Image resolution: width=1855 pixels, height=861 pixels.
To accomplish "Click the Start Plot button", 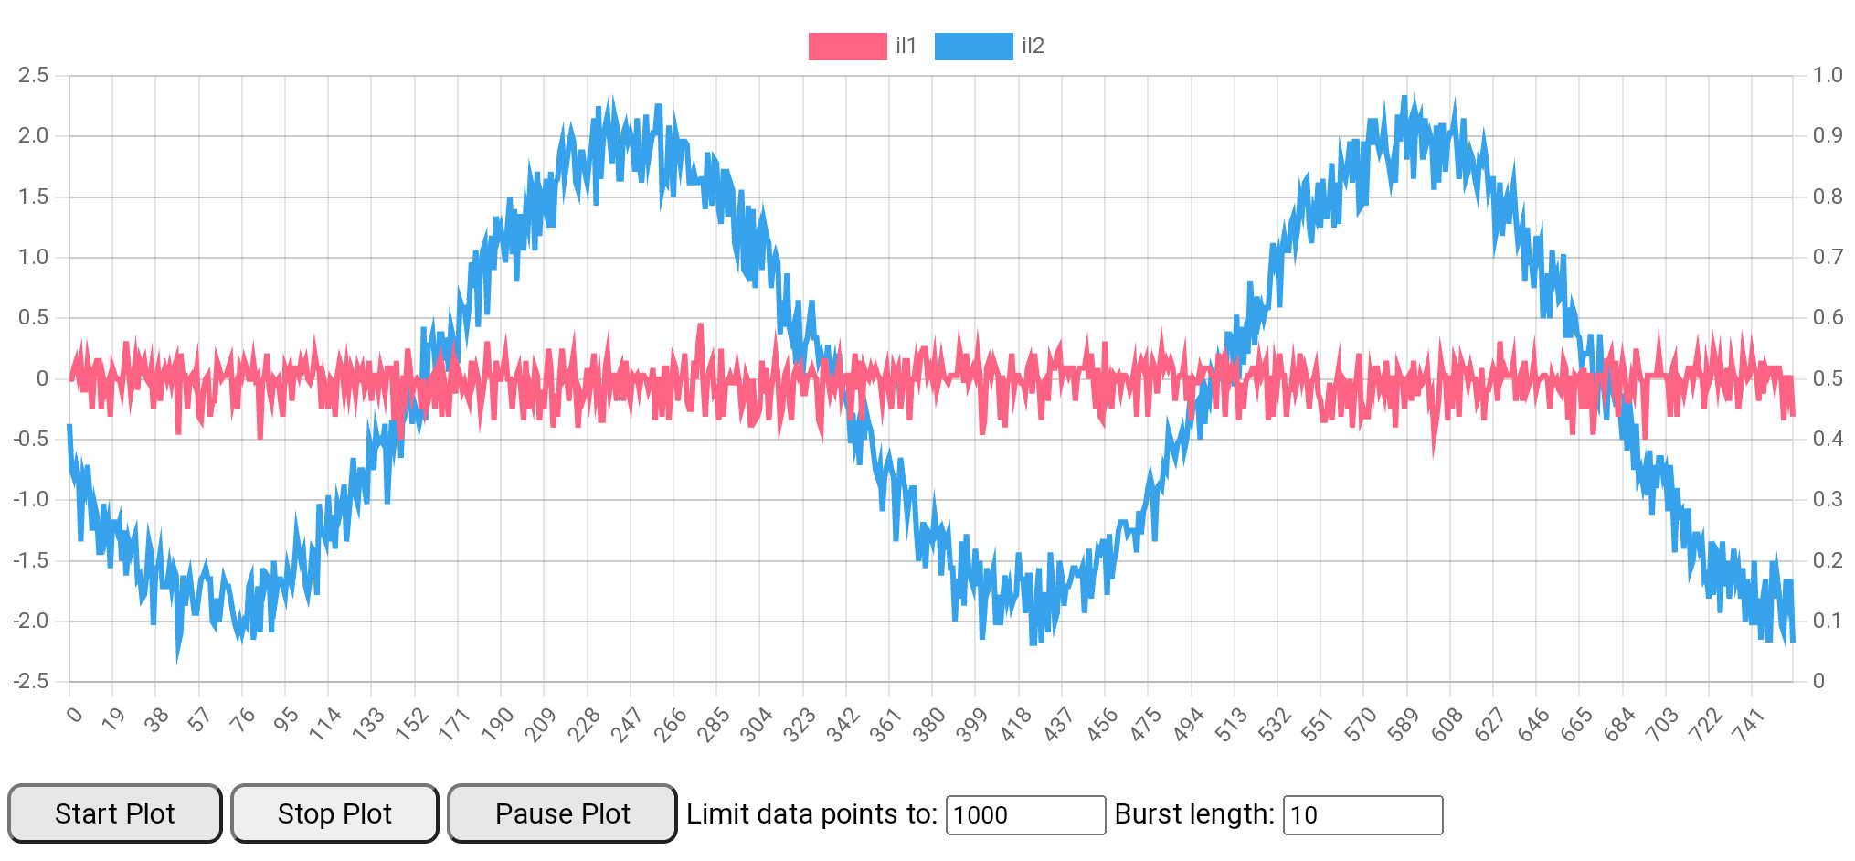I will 114,813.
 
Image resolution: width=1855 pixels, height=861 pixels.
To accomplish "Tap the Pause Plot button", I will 562,813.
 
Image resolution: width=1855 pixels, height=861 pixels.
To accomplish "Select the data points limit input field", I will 1025,815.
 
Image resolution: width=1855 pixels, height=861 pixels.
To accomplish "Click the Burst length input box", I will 1362,815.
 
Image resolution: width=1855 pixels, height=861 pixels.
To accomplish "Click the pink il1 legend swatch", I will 847,47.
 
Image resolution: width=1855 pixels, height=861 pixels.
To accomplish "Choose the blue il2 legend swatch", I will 973,47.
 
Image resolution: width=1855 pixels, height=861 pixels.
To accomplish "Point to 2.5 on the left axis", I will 34,75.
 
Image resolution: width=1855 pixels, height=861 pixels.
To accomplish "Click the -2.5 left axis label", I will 30,681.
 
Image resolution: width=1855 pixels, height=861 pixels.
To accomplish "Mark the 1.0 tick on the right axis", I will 1828,75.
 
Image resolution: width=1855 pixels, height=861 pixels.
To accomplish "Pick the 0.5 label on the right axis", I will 1828,378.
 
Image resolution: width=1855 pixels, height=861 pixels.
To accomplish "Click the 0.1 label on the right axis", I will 1828,621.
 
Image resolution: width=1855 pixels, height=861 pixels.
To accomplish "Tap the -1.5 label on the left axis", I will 30,560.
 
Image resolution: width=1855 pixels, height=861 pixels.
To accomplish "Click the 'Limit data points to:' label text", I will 811,813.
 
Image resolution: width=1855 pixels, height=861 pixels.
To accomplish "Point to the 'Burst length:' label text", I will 1193,813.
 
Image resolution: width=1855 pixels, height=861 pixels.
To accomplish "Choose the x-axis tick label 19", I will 112,720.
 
